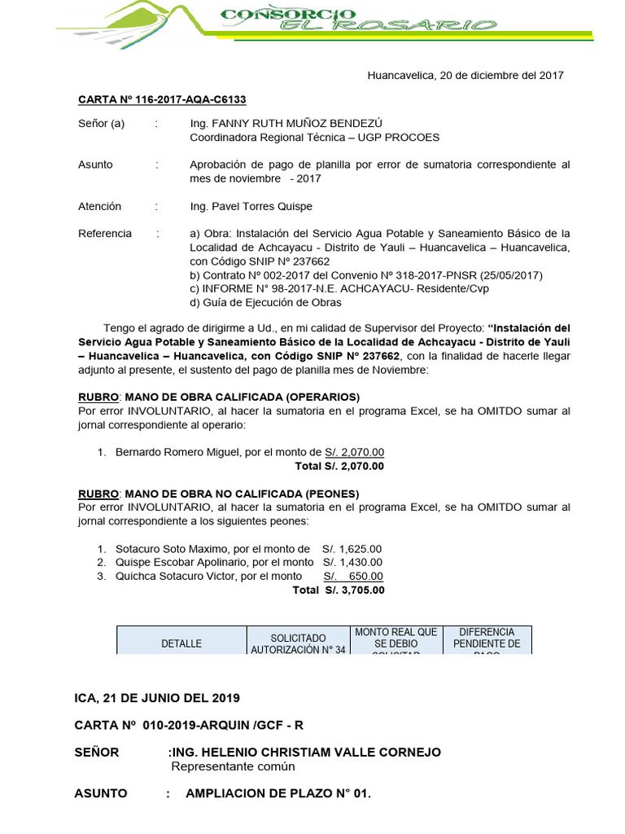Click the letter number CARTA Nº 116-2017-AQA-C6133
pos(162,99)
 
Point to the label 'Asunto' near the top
pos(95,165)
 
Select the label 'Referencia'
pos(104,234)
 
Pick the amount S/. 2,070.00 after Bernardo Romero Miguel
pos(355,452)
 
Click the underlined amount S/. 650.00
pos(353,576)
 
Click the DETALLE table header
pos(181,643)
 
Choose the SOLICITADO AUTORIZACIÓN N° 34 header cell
pos(298,643)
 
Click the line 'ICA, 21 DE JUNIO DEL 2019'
pos(157,698)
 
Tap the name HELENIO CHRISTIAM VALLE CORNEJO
pos(315,752)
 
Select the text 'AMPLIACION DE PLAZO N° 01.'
pos(278,792)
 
